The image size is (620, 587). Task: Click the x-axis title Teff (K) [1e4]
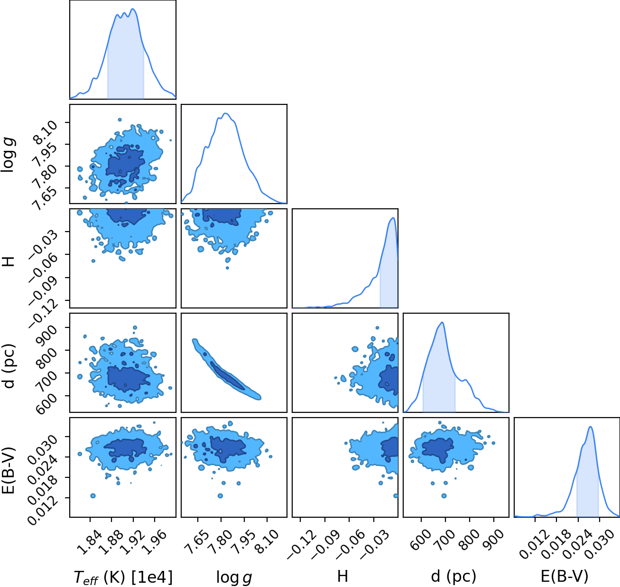pos(123,577)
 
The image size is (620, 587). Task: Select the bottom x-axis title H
pos(342,576)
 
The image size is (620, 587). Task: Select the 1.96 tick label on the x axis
pos(154,543)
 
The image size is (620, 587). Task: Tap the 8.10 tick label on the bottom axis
pos(267,543)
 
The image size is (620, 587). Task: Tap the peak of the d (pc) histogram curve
pos(442,322)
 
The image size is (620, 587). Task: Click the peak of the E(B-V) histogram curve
pos(590,427)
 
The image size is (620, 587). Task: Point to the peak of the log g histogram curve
pos(225,113)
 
